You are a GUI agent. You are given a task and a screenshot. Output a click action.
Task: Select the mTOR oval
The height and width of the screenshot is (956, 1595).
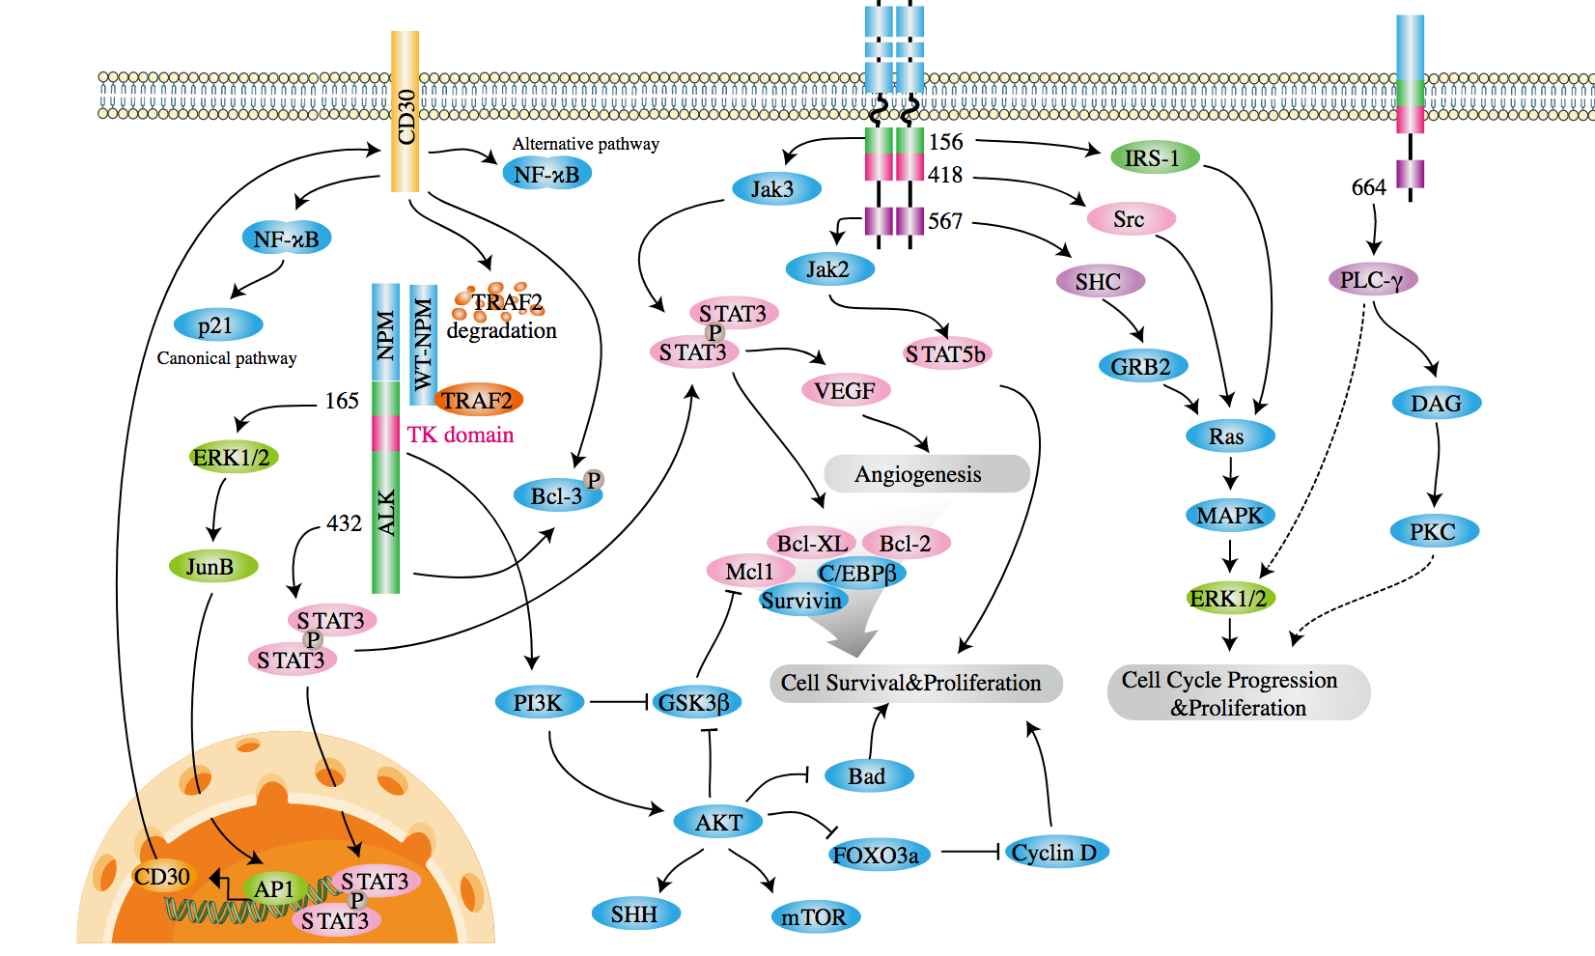814,916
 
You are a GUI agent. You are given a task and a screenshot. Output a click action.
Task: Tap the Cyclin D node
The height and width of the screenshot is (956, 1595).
1053,853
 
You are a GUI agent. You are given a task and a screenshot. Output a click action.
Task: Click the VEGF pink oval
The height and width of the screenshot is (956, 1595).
845,391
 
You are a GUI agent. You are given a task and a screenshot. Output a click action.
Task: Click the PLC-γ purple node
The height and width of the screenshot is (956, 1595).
1371,280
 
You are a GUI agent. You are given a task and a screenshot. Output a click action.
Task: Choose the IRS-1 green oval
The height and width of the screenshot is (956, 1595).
1153,157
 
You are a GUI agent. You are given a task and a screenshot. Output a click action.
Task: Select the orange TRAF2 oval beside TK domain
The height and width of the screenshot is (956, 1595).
478,400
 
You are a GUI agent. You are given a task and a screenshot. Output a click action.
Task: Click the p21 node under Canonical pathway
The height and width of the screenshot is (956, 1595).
217,325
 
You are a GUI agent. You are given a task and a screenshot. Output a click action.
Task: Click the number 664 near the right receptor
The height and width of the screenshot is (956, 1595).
1368,187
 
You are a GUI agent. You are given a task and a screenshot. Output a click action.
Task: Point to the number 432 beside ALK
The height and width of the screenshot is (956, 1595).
344,523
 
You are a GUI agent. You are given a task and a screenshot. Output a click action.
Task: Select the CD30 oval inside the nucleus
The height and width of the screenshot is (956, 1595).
162,877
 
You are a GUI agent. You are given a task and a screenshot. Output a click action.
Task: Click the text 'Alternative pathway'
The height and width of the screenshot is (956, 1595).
585,144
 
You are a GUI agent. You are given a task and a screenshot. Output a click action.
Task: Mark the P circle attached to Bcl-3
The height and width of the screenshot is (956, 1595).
593,480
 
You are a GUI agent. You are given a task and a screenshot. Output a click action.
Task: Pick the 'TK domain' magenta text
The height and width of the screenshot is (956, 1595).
460,435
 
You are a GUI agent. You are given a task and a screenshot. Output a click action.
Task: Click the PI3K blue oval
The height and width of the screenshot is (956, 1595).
539,702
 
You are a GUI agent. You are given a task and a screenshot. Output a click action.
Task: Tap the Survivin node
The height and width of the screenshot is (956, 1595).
801,601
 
